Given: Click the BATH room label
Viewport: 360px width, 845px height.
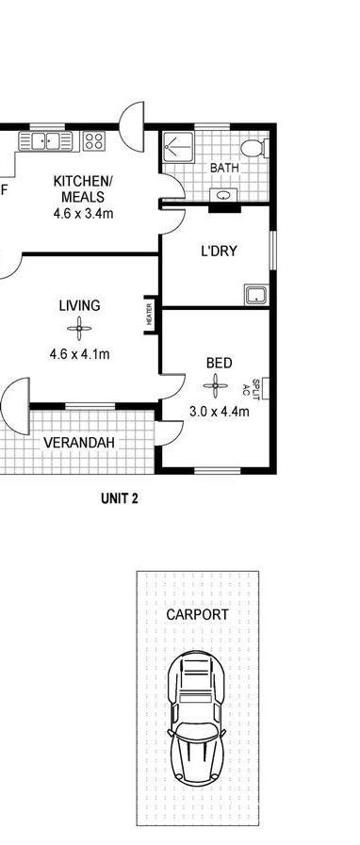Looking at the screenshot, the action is [224, 168].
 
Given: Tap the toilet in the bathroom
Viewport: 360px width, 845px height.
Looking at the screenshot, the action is [254, 148].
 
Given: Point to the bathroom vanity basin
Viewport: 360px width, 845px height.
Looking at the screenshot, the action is [222, 195].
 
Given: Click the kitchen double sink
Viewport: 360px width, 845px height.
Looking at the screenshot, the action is [45, 141].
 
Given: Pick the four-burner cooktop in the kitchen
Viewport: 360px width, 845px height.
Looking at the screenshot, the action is [94, 141].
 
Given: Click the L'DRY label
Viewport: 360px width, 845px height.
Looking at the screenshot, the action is [219, 252].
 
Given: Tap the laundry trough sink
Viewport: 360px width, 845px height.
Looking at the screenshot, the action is [256, 295].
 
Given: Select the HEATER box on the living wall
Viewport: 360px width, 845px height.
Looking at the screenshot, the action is [150, 315].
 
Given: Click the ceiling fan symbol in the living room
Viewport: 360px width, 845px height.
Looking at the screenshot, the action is [79, 328].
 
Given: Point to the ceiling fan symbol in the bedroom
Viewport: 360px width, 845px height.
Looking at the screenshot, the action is [216, 385].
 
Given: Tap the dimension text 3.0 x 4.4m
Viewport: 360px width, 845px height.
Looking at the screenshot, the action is [220, 413].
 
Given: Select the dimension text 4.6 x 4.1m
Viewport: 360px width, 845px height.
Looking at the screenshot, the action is [80, 355].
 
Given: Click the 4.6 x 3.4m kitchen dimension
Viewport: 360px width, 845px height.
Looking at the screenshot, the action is [83, 214].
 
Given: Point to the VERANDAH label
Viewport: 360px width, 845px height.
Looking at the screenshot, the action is [79, 443].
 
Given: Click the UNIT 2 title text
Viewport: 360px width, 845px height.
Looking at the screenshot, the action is [120, 499].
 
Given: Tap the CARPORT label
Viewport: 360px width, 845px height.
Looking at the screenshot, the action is [197, 614].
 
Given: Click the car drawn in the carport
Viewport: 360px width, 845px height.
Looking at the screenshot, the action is [196, 718].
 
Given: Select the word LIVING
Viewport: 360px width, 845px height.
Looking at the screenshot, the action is [80, 305].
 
